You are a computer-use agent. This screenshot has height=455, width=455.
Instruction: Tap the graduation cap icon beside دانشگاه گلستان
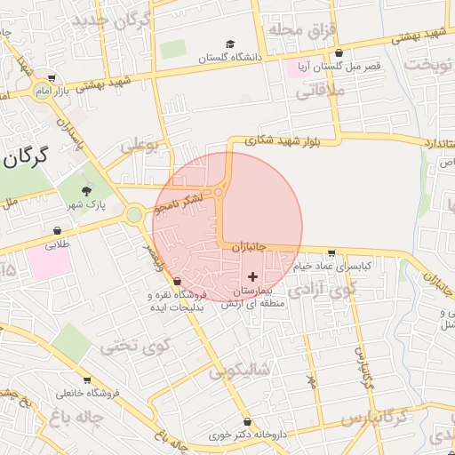(230, 44)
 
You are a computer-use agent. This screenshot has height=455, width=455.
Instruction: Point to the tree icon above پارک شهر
(86, 190)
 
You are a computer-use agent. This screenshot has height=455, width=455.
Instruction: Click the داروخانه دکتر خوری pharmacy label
(219, 435)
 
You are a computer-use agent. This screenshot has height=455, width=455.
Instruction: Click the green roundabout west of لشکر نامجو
(134, 214)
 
